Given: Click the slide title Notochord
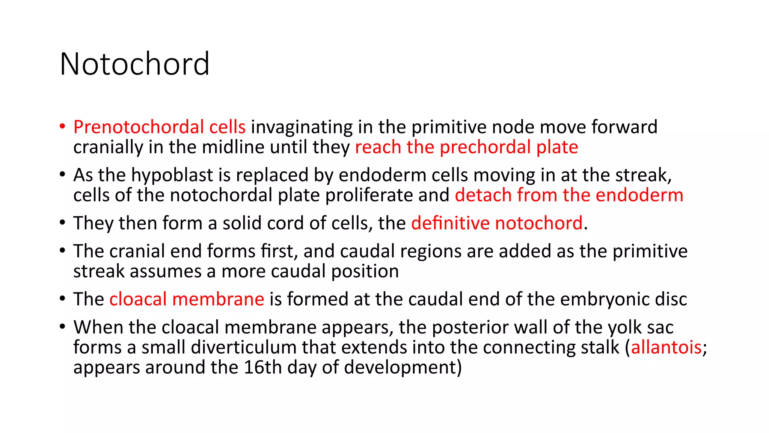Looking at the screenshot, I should (x=134, y=64).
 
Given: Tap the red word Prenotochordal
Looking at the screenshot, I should (x=138, y=127).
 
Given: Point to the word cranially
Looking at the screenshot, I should (x=108, y=147).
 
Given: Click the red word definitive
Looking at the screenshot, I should (x=450, y=223).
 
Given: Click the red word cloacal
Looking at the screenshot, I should (x=138, y=299).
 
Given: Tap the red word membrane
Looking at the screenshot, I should (x=218, y=299).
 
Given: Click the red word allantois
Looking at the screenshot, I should (x=666, y=347).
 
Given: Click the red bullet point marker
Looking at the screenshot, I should (x=62, y=126).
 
